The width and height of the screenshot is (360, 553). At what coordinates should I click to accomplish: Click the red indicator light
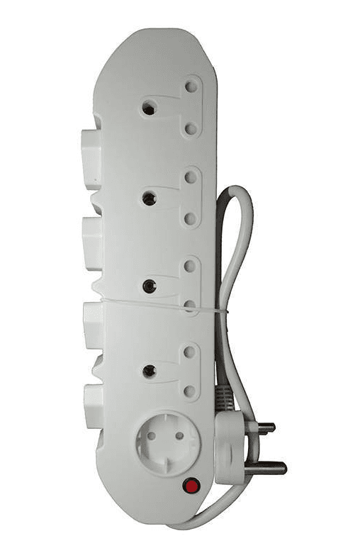coord(191,486)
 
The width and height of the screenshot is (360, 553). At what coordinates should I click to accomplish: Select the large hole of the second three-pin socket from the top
coord(147,199)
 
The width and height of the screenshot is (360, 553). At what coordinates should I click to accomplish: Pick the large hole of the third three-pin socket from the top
coord(148,286)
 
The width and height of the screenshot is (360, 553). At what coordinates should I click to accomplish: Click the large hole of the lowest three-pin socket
coord(149,369)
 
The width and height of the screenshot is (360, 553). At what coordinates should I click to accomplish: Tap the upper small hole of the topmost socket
coord(190,86)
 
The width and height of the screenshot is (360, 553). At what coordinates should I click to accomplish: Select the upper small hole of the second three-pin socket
coord(190,174)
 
